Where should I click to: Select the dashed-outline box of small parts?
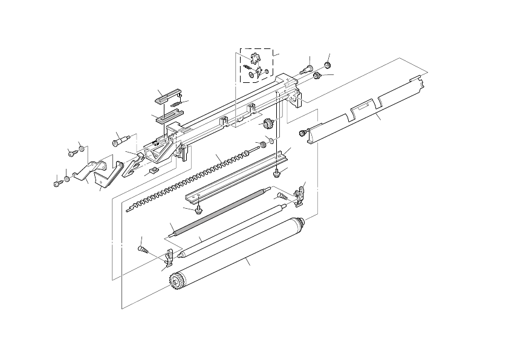256,65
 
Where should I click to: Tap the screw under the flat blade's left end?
198,210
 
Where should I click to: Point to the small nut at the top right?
327,64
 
